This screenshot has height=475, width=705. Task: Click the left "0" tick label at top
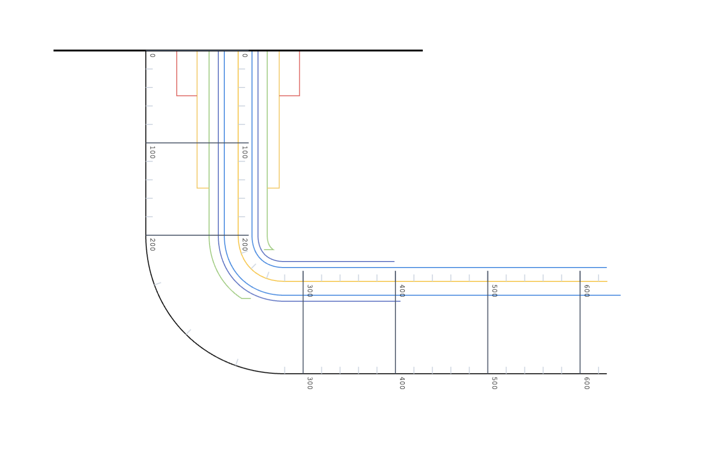[x=153, y=56]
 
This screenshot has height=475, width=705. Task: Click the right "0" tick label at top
[x=245, y=56]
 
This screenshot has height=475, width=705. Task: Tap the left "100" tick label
[x=152, y=152]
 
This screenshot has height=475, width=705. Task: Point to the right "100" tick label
[x=245, y=152]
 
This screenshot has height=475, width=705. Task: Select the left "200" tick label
[x=152, y=244]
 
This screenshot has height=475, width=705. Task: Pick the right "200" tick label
[x=245, y=244]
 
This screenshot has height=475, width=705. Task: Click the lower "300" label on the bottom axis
[x=309, y=383]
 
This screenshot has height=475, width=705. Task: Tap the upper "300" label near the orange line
[x=309, y=291]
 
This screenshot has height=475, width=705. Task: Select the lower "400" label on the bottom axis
[x=402, y=383]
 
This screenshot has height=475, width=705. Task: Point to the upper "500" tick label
[x=494, y=291]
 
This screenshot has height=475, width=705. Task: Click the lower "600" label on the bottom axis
[x=586, y=383]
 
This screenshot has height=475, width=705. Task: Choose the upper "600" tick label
[x=586, y=291]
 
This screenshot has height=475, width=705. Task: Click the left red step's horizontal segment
[x=187, y=96]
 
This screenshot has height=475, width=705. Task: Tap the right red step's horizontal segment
[x=289, y=96]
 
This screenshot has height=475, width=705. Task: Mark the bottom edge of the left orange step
[x=203, y=188]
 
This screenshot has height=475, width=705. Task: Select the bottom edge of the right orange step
[x=273, y=188]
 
